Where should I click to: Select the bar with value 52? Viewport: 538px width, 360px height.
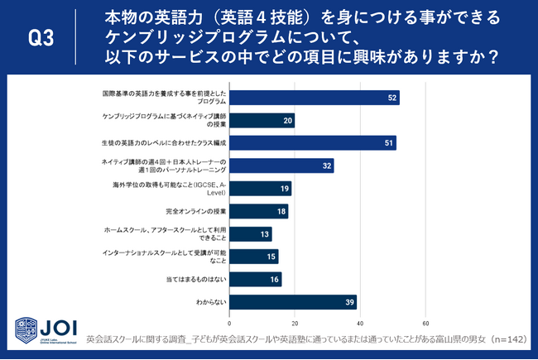click(x=314, y=98)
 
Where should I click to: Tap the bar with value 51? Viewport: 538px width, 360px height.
click(x=312, y=143)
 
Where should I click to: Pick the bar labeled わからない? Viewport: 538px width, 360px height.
click(x=293, y=302)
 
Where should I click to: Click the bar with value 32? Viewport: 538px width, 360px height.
click(x=281, y=166)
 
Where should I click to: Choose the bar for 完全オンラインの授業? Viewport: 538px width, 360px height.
click(x=258, y=211)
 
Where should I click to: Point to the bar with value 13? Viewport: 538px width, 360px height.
click(x=250, y=233)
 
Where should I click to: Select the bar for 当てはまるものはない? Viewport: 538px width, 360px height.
click(x=255, y=279)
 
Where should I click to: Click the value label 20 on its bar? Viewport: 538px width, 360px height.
click(x=287, y=121)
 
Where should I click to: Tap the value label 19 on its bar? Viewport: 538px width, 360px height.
click(x=284, y=189)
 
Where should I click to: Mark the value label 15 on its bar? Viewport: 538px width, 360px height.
click(x=271, y=257)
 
